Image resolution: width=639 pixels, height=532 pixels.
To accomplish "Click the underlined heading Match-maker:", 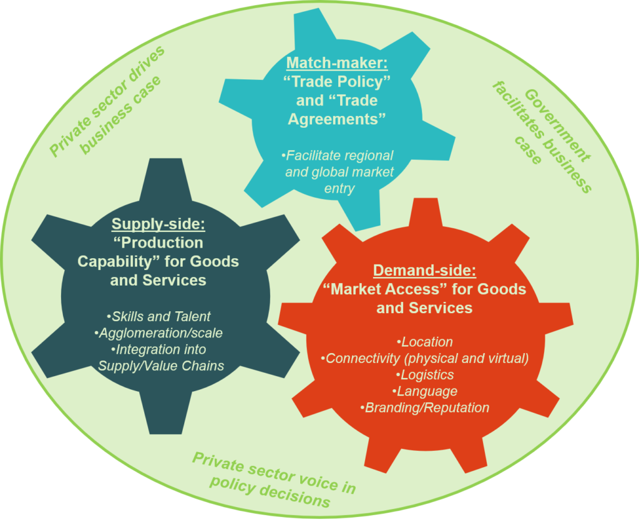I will [x=337, y=63].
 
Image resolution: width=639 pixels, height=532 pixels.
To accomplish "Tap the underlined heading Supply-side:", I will [x=158, y=224].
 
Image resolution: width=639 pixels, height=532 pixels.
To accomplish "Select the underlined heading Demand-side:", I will [x=424, y=271].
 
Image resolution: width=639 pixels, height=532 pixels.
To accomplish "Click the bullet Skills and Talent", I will [x=158, y=316].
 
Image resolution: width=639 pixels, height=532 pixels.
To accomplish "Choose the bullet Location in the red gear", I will [x=424, y=342].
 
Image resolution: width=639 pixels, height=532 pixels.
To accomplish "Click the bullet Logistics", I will [x=424, y=375].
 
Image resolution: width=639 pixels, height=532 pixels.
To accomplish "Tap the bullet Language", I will [x=424, y=391].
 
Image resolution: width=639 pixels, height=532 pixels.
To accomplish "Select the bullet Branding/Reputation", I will [x=424, y=408].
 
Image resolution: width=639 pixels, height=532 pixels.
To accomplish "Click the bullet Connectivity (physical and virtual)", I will [x=424, y=359].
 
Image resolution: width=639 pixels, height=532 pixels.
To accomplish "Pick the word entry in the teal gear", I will [x=339, y=188].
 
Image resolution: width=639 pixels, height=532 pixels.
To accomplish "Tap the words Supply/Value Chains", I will [x=161, y=366].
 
